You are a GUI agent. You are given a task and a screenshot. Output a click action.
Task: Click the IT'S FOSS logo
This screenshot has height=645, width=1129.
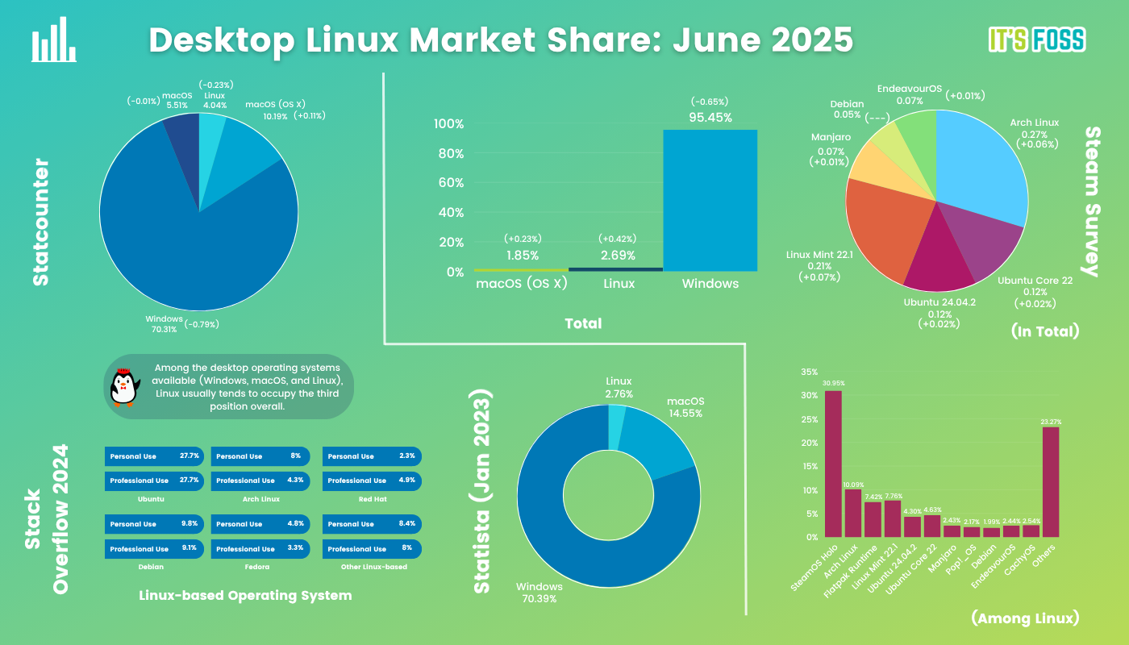[1036, 40]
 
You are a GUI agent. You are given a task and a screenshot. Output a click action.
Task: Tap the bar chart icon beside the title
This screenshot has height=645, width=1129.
[53, 41]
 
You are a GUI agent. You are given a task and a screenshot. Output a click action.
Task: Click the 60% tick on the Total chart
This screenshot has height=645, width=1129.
[448, 183]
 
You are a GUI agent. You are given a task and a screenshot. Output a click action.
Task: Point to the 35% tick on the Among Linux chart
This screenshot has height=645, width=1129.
[808, 372]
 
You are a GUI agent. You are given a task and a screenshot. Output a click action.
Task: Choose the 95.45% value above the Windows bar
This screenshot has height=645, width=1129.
[710, 118]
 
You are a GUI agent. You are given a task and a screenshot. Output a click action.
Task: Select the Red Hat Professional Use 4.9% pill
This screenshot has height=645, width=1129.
[372, 481]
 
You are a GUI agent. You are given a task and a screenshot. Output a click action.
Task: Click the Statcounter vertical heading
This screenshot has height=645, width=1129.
[40, 222]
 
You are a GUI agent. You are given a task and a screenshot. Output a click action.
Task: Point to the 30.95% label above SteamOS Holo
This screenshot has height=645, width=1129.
[832, 383]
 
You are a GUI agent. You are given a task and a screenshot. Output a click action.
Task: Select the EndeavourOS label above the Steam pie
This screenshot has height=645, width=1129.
[910, 89]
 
